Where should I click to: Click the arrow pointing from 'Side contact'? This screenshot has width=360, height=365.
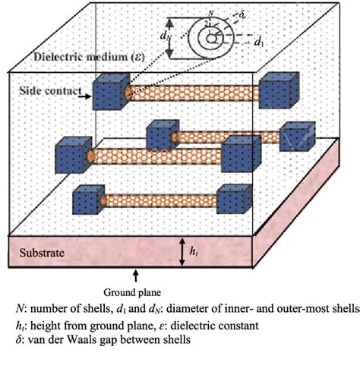point(83,96)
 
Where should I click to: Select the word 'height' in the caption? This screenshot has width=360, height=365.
point(46,324)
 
